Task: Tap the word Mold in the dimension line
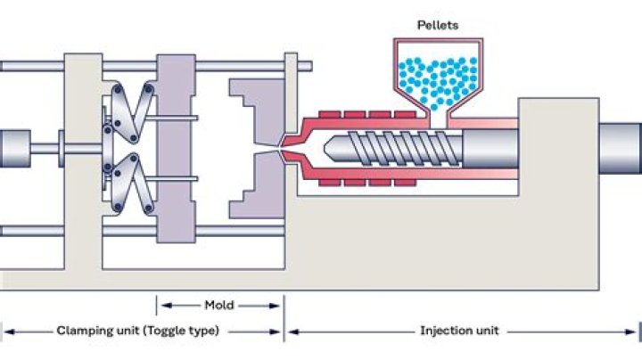pyautogui.click(x=218, y=305)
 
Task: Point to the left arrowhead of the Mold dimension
pyautogui.click(x=161, y=305)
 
